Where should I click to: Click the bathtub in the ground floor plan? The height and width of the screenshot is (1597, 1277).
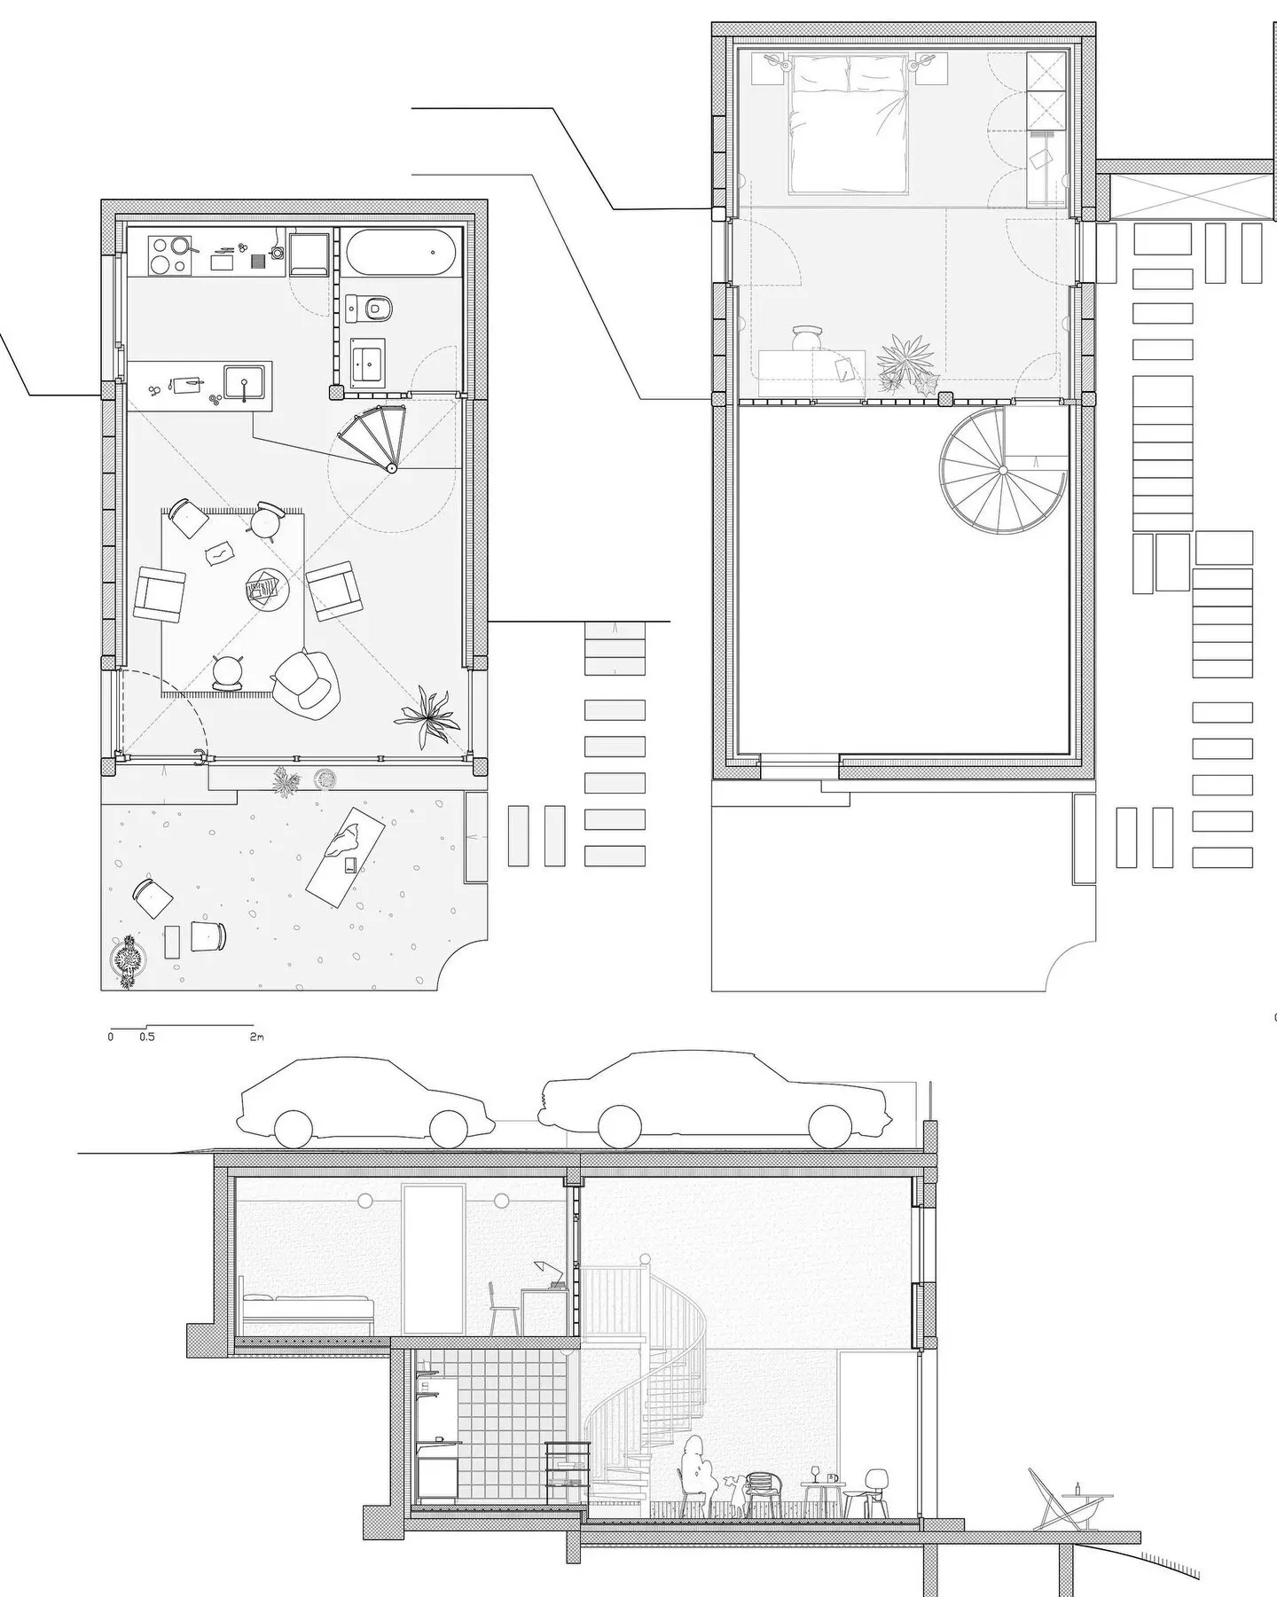pyautogui.click(x=402, y=254)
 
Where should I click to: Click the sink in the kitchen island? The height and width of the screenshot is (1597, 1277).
pyautogui.click(x=242, y=383)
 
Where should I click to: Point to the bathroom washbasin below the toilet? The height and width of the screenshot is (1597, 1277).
pyautogui.click(x=368, y=362)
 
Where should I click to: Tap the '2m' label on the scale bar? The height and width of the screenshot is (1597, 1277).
pyautogui.click(x=257, y=1036)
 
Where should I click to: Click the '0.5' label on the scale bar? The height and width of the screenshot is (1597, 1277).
pyautogui.click(x=146, y=1036)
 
